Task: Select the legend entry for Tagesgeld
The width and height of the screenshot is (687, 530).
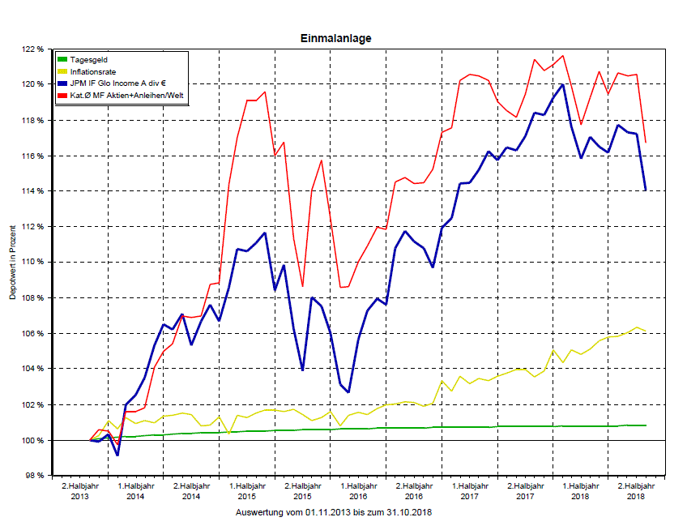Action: pos(88,60)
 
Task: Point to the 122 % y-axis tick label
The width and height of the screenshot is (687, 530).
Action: pos(32,49)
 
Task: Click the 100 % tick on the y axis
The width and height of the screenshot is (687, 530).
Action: pos(32,440)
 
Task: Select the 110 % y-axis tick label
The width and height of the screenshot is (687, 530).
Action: pos(32,263)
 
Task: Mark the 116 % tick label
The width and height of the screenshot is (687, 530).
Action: pos(32,156)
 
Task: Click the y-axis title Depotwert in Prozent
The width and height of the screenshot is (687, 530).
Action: pos(13,263)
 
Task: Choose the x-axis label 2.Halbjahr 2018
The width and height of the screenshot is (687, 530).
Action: pos(636,490)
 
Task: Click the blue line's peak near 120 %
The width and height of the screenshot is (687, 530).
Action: pos(562,84)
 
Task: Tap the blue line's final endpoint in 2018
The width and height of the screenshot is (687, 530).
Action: pos(646,190)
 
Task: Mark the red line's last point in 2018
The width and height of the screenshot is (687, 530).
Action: pos(646,143)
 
